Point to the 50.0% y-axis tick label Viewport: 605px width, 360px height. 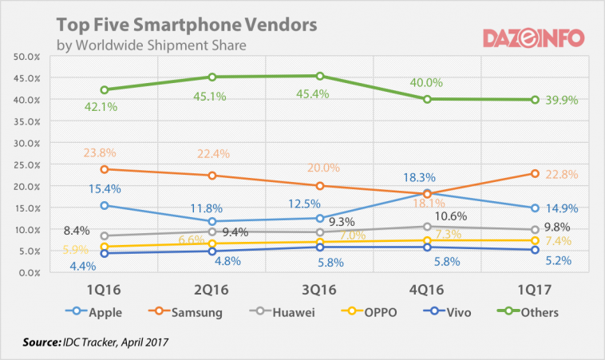pyautogui.click(x=28, y=57)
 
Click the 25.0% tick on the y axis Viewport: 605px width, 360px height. pyautogui.click(x=28, y=164)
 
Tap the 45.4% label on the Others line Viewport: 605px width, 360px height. pyautogui.click(x=319, y=96)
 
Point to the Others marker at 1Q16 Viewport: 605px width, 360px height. pyautogui.click(x=105, y=90)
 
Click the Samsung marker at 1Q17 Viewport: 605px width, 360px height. pyautogui.click(x=536, y=174)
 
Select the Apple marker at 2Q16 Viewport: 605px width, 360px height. pyautogui.click(x=212, y=221)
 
